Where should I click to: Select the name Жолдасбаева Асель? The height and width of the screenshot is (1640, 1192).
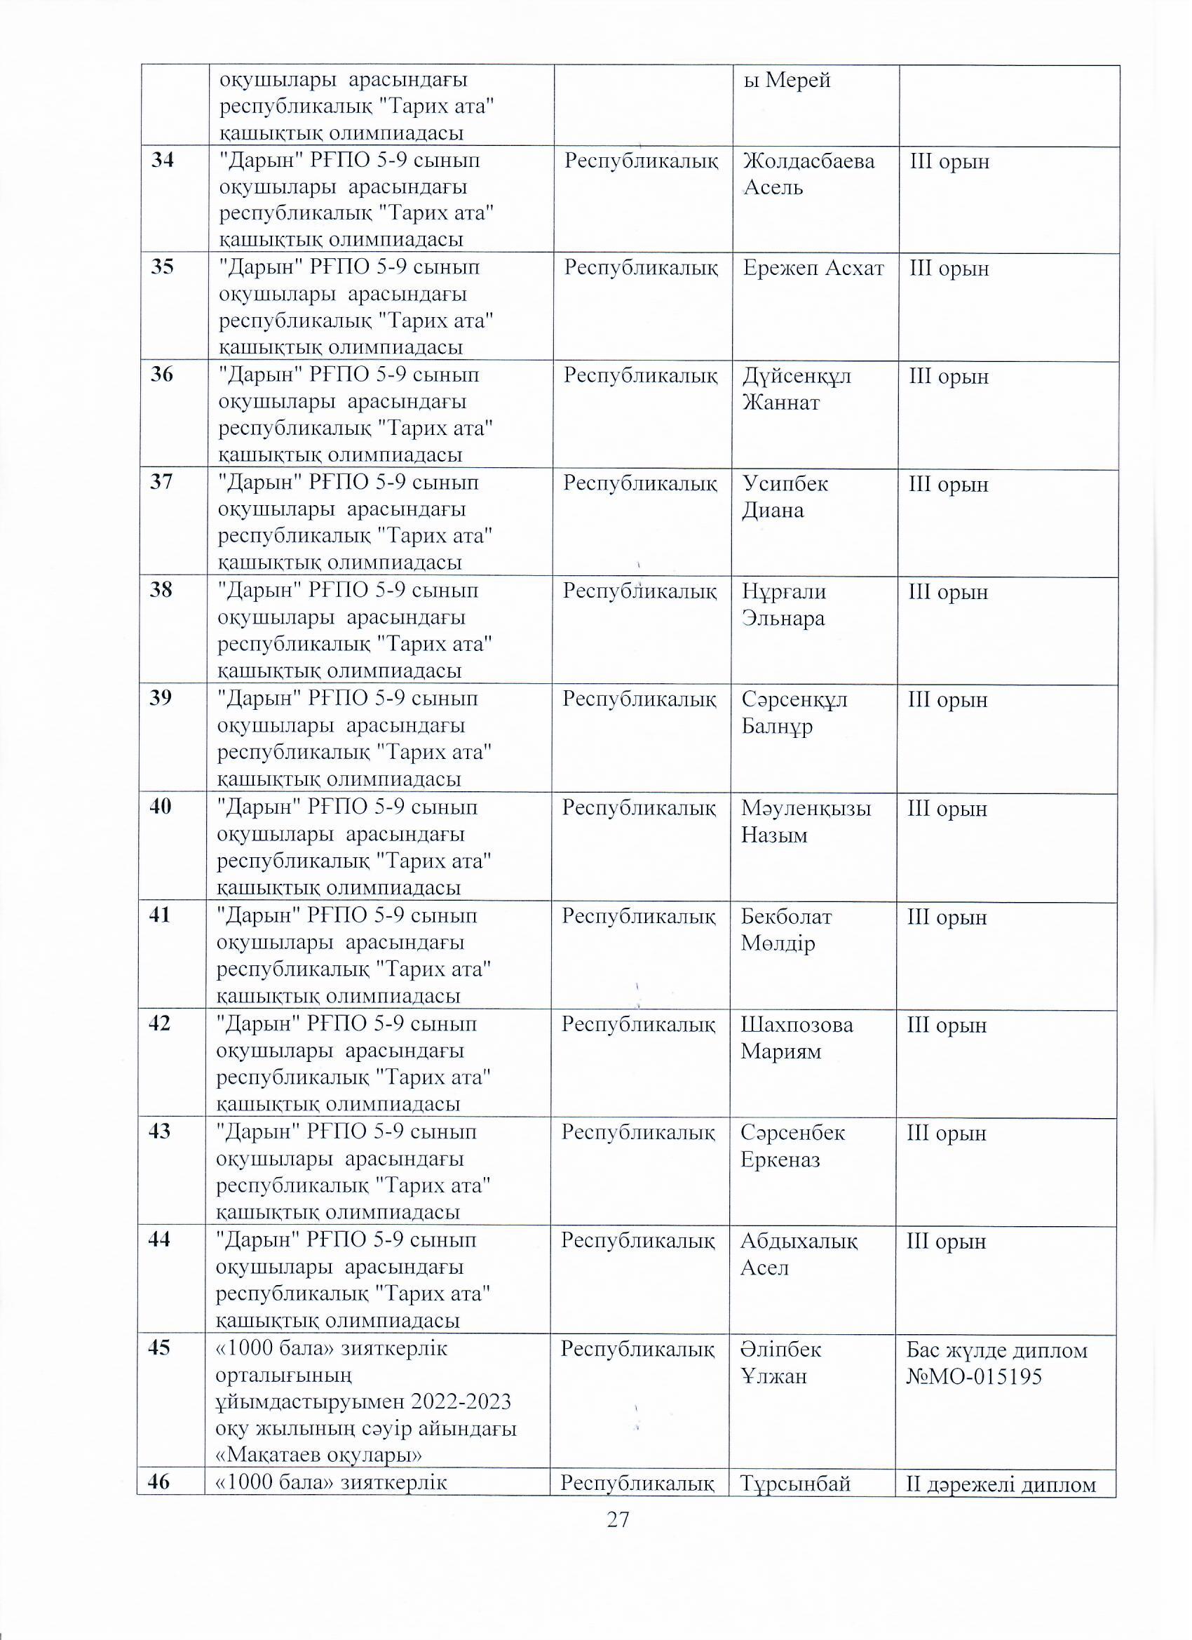[808, 173]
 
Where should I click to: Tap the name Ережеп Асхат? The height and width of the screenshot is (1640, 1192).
[813, 268]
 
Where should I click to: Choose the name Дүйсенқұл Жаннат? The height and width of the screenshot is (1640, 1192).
[797, 389]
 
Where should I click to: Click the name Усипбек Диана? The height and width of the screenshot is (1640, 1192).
[785, 497]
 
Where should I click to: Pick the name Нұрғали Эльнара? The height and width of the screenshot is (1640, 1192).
[784, 605]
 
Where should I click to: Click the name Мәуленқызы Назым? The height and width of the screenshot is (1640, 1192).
[806, 821]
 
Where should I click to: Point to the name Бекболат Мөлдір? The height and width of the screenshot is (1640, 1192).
[787, 930]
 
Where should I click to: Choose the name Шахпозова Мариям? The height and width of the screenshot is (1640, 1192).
[797, 1037]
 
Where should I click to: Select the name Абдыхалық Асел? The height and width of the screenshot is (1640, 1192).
[799, 1254]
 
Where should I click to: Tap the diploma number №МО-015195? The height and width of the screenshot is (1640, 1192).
[974, 1377]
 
